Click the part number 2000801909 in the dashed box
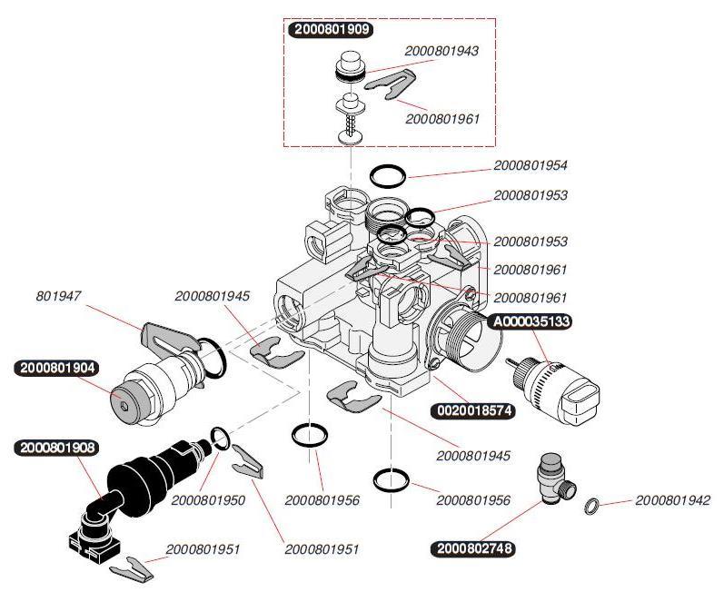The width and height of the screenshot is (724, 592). coord(330,29)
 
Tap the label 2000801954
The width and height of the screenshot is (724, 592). coord(531,166)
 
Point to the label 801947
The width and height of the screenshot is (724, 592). coord(56,296)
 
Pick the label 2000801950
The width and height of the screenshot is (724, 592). coord(208,500)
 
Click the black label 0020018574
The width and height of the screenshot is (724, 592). coord(473,410)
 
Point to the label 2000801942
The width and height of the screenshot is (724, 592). coord(672,500)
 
